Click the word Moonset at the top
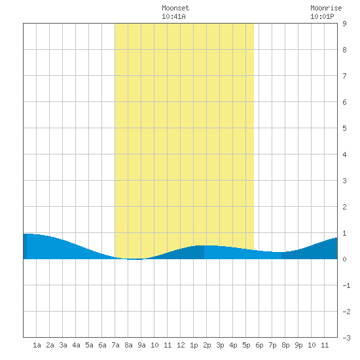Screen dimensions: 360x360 [175, 8]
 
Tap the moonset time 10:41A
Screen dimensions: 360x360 [173, 16]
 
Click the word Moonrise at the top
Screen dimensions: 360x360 [326, 8]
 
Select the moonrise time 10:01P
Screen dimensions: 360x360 [322, 16]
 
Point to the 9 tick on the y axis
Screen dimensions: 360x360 [344, 24]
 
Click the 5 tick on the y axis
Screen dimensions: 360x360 [344, 128]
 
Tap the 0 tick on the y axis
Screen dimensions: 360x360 [344, 259]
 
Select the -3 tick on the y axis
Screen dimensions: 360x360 [346, 338]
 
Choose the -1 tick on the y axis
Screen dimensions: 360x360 [346, 285]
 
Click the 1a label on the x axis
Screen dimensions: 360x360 [37, 345]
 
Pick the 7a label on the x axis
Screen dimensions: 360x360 [115, 345]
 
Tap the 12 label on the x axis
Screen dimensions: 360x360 [181, 345]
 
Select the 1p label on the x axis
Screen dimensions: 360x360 [194, 345]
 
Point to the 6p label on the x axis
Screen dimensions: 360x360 [259, 345]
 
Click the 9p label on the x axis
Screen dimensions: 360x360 [298, 345]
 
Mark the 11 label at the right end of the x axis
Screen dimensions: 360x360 [325, 345]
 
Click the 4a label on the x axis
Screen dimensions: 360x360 [76, 345]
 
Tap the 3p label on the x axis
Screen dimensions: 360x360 [220, 345]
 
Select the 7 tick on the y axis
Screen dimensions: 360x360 [344, 76]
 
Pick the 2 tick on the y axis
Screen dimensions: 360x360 [344, 207]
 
